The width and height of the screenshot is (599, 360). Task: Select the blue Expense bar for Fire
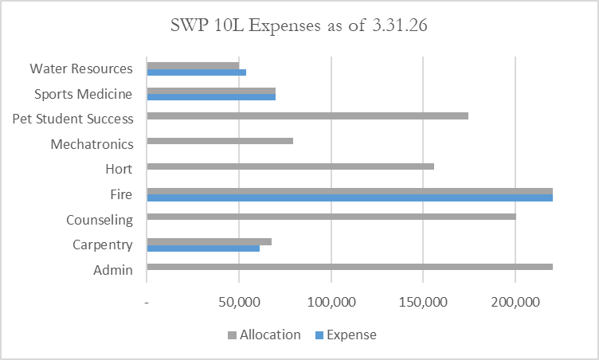point(350,198)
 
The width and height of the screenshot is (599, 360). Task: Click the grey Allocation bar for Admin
point(350,267)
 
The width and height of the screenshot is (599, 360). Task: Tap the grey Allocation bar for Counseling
point(331,217)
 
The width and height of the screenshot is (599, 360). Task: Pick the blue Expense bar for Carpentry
point(203,248)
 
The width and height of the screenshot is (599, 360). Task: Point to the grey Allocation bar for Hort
point(291,166)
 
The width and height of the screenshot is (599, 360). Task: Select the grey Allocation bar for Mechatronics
point(220,141)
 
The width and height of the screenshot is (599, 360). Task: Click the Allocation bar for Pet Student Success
point(307,115)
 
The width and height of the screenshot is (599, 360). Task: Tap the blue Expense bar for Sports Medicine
point(211,97)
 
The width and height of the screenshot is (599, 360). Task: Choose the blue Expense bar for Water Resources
point(197,72)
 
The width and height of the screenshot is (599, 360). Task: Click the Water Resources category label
point(81,68)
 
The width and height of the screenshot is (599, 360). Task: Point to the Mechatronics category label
point(92,144)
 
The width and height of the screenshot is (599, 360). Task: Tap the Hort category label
point(119,169)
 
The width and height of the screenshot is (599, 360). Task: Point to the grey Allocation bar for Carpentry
point(209,241)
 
